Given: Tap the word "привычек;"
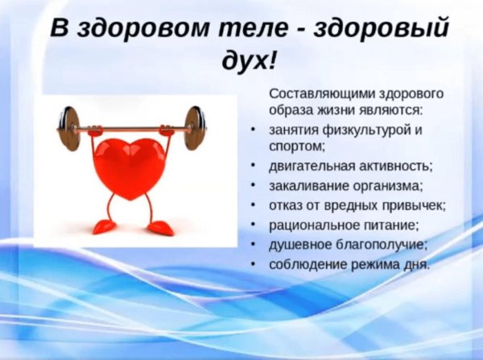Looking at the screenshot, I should [414, 205].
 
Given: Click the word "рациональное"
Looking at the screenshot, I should [312, 225].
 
